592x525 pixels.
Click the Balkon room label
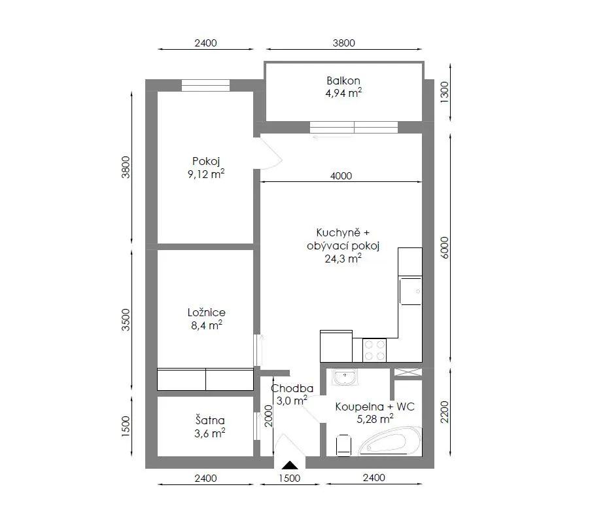(x=343, y=81)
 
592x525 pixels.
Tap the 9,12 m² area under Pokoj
(x=206, y=174)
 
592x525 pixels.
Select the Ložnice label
(x=207, y=312)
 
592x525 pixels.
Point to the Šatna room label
(x=210, y=420)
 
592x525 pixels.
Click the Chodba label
(x=292, y=388)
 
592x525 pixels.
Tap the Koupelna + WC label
(x=375, y=407)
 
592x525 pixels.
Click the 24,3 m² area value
(x=343, y=259)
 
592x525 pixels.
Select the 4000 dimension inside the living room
(x=341, y=176)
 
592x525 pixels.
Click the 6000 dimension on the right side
(x=445, y=247)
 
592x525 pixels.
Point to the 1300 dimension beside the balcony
(x=445, y=90)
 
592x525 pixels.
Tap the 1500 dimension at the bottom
(x=290, y=478)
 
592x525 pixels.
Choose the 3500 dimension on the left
(x=126, y=320)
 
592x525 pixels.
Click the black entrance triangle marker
(x=290, y=465)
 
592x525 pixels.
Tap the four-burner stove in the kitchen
(x=375, y=350)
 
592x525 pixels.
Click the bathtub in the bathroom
(x=389, y=441)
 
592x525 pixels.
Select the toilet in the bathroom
(x=343, y=445)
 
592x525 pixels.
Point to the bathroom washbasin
(x=344, y=377)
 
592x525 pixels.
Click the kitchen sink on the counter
(x=410, y=291)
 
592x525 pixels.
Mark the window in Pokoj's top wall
(x=206, y=85)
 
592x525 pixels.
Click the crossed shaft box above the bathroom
(x=408, y=372)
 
